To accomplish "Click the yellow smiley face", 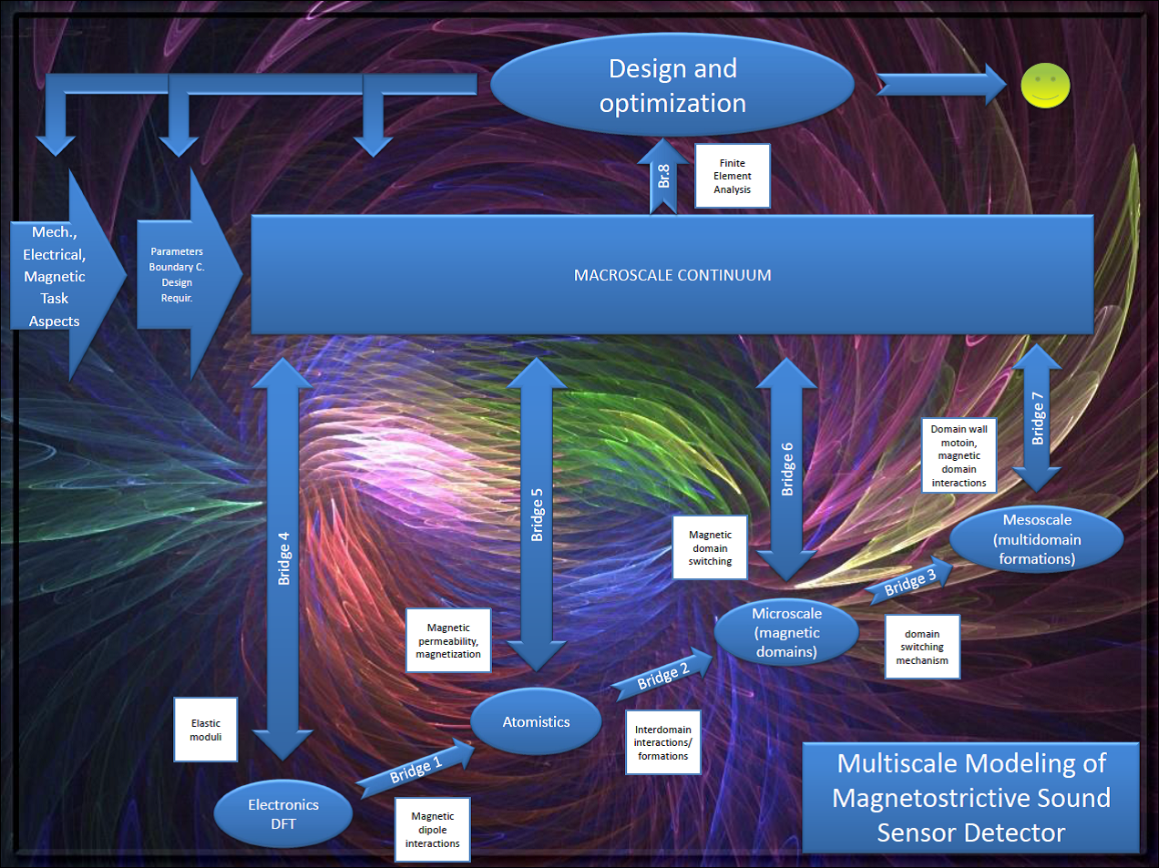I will (x=1045, y=86).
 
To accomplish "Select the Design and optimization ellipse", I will (x=672, y=85).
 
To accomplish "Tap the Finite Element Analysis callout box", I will (x=733, y=176).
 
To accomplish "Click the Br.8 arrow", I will (x=663, y=177).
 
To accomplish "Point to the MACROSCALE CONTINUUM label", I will (x=672, y=275).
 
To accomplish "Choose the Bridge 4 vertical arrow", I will (x=283, y=557).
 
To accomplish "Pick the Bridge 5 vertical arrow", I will (x=537, y=515).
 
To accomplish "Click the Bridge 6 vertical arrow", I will (x=787, y=469).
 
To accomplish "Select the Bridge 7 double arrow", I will (x=1037, y=418).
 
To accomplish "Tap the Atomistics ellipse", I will (x=536, y=721).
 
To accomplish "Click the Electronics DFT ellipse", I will (x=283, y=813).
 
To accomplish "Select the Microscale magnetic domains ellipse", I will (x=786, y=632).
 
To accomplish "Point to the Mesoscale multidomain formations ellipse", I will (x=1037, y=539).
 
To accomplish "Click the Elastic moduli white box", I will (x=206, y=730).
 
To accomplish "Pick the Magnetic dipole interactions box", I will (x=433, y=830).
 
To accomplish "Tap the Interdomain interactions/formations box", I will (x=663, y=742).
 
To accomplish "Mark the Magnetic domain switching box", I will (x=710, y=547).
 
